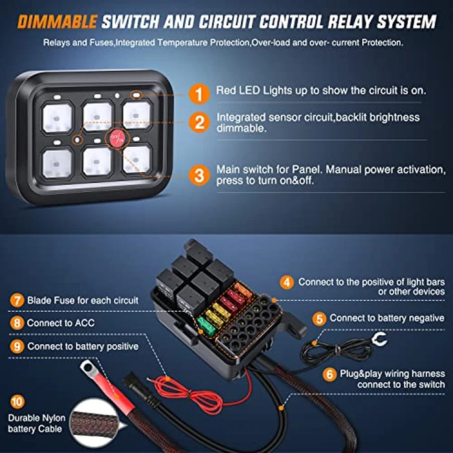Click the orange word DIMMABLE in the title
click(x=56, y=22)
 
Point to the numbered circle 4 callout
click(x=285, y=282)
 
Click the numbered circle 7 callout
click(x=16, y=300)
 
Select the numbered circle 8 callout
click(x=16, y=323)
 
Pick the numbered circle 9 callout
click(x=16, y=346)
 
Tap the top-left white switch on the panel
click(x=56, y=116)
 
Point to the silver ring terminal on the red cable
click(x=89, y=371)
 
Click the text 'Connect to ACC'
click(x=58, y=323)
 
